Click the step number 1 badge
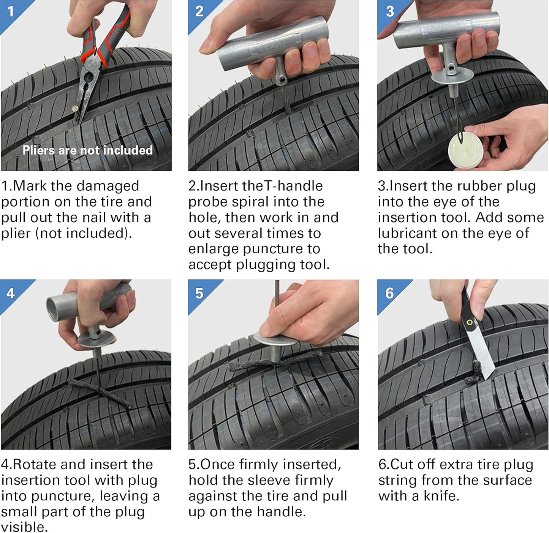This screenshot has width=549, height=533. [x=11, y=11]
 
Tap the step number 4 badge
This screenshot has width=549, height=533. [x=11, y=293]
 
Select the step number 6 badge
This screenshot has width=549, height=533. [x=389, y=293]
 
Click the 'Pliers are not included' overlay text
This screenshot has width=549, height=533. [x=87, y=150]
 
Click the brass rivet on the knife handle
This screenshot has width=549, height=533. [x=470, y=323]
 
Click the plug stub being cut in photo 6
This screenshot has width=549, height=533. [x=476, y=372]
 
